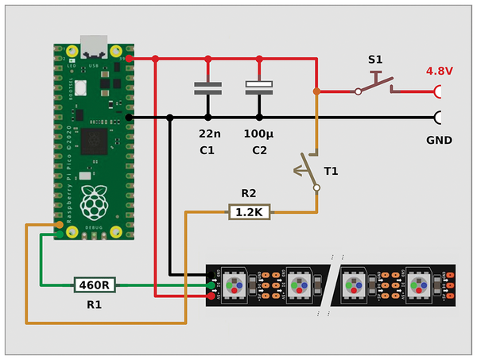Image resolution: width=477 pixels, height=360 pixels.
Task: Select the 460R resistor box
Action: click(x=96, y=284)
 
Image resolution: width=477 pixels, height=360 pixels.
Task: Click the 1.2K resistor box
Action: click(x=250, y=211)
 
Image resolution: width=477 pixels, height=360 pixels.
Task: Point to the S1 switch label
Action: click(x=375, y=60)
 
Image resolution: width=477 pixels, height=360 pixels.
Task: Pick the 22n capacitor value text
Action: click(x=208, y=132)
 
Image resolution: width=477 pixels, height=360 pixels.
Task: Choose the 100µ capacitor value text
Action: click(x=259, y=132)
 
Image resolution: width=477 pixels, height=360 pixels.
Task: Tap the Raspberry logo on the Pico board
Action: click(x=95, y=203)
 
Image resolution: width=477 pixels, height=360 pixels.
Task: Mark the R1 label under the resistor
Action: click(x=94, y=304)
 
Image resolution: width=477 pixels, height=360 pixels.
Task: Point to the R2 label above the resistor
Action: click(x=249, y=193)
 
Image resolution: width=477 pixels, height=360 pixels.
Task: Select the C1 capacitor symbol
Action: click(x=208, y=87)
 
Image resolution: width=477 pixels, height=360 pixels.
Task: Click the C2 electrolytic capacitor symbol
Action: click(x=259, y=87)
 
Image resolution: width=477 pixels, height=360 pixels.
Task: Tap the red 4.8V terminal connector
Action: click(x=438, y=91)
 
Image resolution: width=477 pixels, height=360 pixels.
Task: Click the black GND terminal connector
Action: click(x=438, y=118)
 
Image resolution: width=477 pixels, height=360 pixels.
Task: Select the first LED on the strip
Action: click(x=236, y=284)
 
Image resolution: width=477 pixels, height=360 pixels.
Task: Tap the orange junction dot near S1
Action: click(x=316, y=91)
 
